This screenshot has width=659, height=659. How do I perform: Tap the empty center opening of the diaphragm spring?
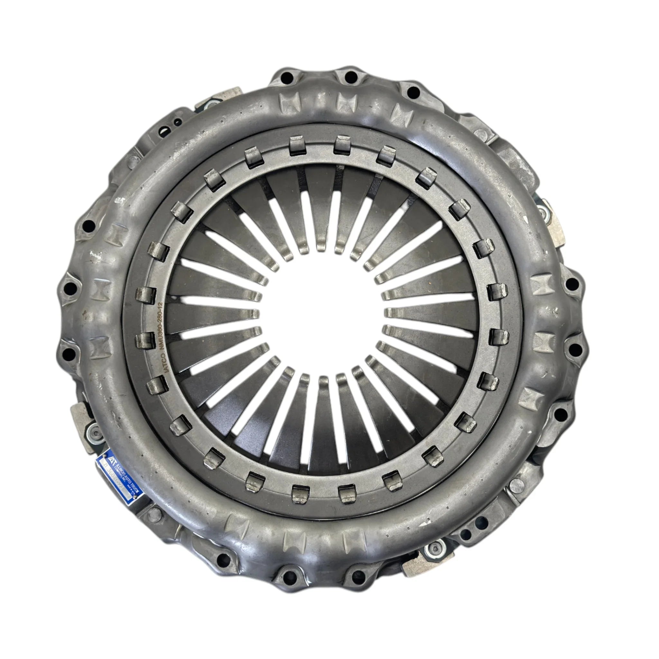(323, 314)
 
